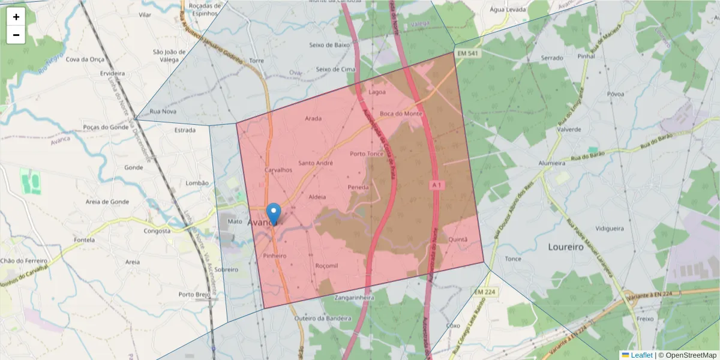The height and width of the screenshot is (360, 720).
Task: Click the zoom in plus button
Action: click(16, 17)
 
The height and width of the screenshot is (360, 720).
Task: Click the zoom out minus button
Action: click(16, 35)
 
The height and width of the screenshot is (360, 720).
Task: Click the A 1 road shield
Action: click(437, 186)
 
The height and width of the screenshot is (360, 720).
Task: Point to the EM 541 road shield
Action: click(468, 54)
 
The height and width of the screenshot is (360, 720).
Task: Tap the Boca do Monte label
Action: click(401, 114)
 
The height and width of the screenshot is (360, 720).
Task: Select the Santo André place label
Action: click(316, 163)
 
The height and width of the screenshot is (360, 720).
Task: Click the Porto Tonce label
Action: click(367, 154)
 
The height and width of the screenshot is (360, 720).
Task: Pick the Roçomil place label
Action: click(327, 265)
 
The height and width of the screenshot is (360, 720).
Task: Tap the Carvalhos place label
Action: click(278, 170)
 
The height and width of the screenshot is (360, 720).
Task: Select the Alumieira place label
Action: click(551, 163)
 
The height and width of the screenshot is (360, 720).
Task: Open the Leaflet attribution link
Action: click(641, 355)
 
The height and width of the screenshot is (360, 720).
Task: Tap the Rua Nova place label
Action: click(163, 112)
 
